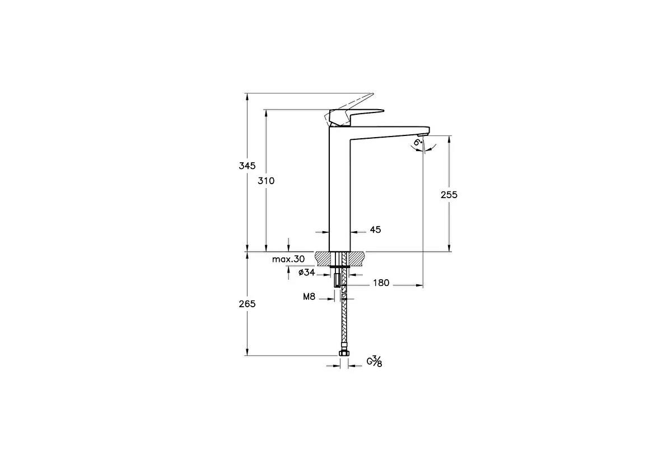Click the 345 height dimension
coord(246,166)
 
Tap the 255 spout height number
coord(449,195)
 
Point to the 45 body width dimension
coord(375,230)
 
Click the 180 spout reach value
coord(381,283)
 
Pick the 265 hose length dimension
coord(246,304)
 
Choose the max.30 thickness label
coord(288,259)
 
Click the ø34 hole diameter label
coord(307,273)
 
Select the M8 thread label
coord(309,297)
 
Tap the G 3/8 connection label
coord(374,362)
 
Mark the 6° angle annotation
coord(417,143)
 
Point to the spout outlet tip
coord(423,134)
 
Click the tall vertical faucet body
coord(339,190)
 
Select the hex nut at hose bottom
coord(344,354)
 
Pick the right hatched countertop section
coord(358,258)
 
